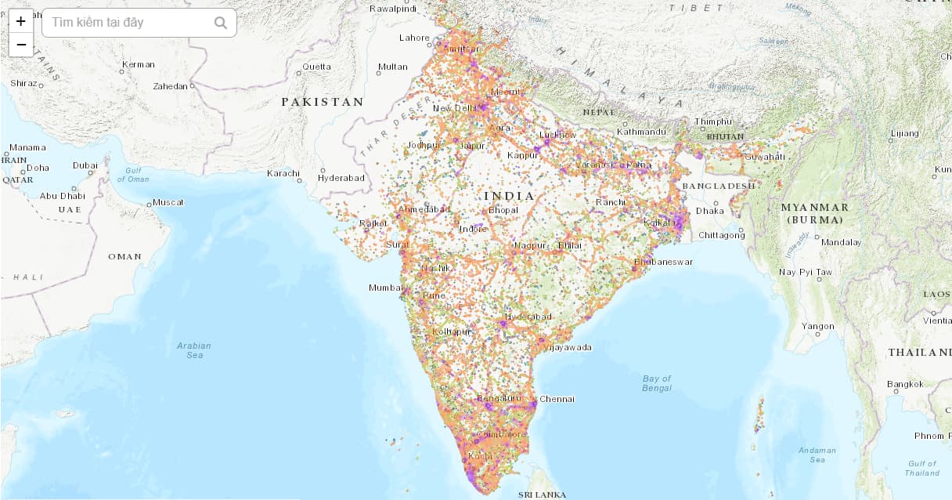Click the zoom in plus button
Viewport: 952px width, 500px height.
pyautogui.click(x=20, y=21)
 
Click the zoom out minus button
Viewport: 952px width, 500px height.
pyautogui.click(x=20, y=45)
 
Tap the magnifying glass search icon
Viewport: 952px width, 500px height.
pyautogui.click(x=221, y=23)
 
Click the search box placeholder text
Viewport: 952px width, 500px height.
pyautogui.click(x=98, y=23)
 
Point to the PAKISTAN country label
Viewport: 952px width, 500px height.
pyautogui.click(x=323, y=102)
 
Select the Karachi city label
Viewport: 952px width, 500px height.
pyautogui.click(x=283, y=173)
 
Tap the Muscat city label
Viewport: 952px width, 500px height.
pyautogui.click(x=168, y=202)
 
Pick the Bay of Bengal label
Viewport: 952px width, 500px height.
pyautogui.click(x=657, y=383)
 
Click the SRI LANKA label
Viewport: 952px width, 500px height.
pyautogui.click(x=542, y=495)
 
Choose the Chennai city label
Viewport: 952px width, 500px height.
pyautogui.click(x=557, y=399)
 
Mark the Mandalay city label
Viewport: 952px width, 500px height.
pyautogui.click(x=841, y=242)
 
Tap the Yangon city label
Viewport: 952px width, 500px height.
pyautogui.click(x=818, y=326)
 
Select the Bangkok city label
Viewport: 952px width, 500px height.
pyautogui.click(x=905, y=384)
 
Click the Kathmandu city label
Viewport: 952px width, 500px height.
pyautogui.click(x=641, y=132)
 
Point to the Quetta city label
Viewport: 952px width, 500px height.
pyautogui.click(x=316, y=67)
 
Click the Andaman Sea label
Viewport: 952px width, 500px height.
pyautogui.click(x=817, y=455)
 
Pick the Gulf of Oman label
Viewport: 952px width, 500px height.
pyautogui.click(x=133, y=175)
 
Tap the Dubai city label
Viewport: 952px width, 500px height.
pyautogui.click(x=85, y=165)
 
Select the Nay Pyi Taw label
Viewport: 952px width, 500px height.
pyautogui.click(x=806, y=272)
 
